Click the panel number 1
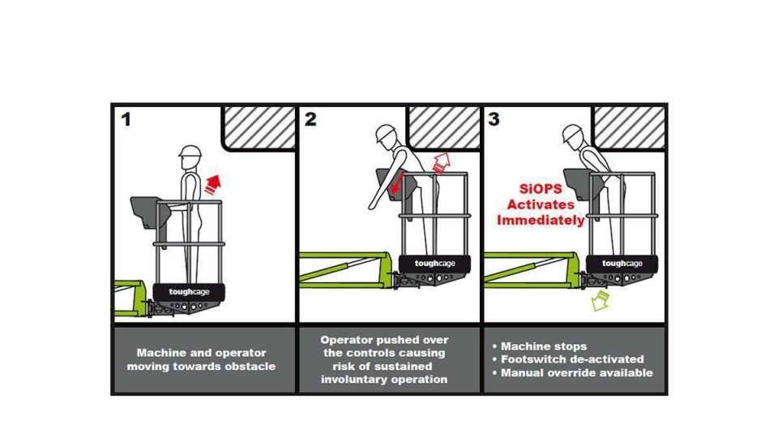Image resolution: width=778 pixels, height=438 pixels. (x=126, y=120)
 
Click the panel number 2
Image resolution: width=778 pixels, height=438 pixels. (x=310, y=120)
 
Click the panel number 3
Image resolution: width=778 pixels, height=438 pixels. (x=494, y=120)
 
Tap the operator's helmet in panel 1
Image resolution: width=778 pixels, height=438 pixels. (x=190, y=152)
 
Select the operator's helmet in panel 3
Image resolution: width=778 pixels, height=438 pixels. (x=574, y=134)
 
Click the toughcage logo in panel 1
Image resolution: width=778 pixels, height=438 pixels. (x=189, y=291)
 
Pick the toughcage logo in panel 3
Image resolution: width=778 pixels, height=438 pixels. (x=622, y=264)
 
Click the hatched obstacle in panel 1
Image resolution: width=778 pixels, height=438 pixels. (x=259, y=127)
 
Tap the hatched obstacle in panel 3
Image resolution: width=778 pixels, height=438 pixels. (x=630, y=127)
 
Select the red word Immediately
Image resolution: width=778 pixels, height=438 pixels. (x=541, y=220)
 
